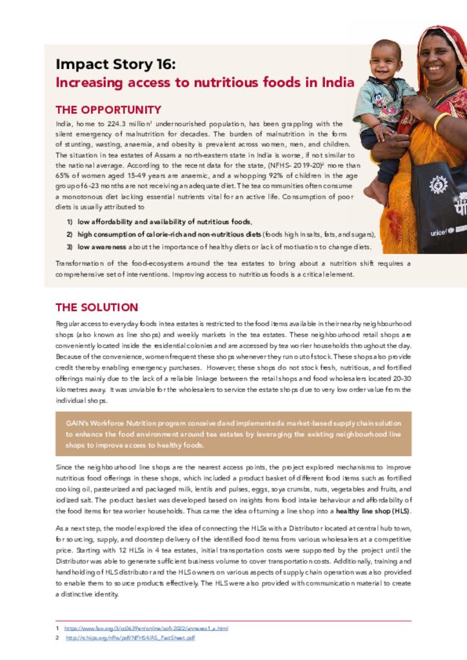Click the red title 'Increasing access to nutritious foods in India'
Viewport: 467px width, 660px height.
[204, 82]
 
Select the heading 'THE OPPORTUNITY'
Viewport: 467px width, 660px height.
[108, 110]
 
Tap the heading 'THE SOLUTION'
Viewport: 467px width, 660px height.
[97, 307]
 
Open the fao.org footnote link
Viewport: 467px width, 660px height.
[145, 628]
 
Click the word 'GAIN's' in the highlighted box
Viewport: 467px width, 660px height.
[77, 423]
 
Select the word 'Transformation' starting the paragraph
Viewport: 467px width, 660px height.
[77, 263]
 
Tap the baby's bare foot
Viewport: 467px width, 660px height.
[375, 192]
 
